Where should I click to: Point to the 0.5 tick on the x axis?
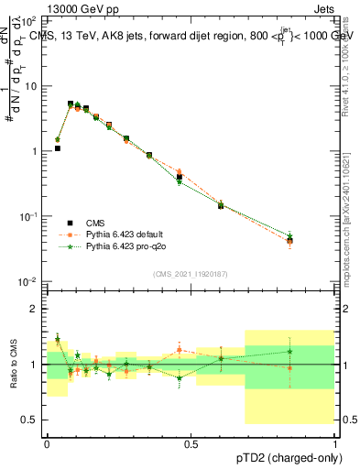tap(191, 442)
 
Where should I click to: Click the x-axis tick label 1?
tap(333, 442)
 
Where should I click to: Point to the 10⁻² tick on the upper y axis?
tap(29, 281)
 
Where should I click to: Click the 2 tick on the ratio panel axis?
tap(34, 309)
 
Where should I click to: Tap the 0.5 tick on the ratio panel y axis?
tap(29, 420)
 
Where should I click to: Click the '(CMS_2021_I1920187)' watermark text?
tap(190, 272)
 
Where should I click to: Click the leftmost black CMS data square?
tap(57, 147)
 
